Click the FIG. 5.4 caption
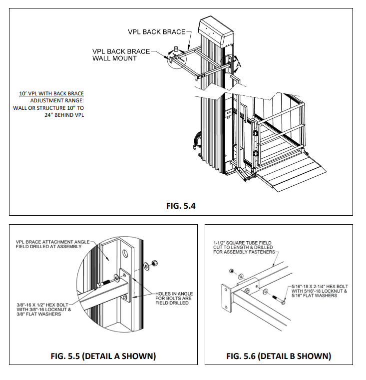[x=183, y=206]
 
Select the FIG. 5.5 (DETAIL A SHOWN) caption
[x=103, y=356]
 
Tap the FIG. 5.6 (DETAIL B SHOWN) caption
[x=279, y=356]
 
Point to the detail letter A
[x=239, y=64]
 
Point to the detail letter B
[x=176, y=49]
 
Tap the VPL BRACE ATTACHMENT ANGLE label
[x=52, y=242]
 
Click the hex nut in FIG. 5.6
[x=232, y=271]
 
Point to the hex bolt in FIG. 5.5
[x=104, y=285]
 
